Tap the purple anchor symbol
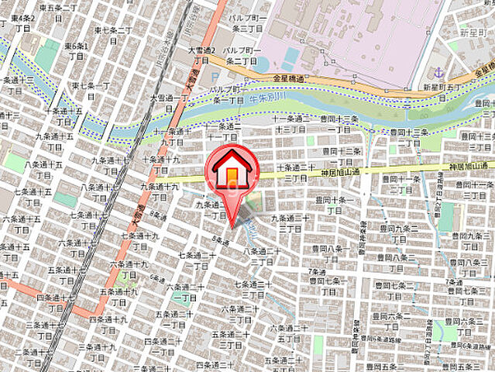[440, 72]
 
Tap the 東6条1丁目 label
[76, 51]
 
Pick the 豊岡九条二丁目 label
[403, 232]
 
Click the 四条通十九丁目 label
[108, 324]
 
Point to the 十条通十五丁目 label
[65, 117]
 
